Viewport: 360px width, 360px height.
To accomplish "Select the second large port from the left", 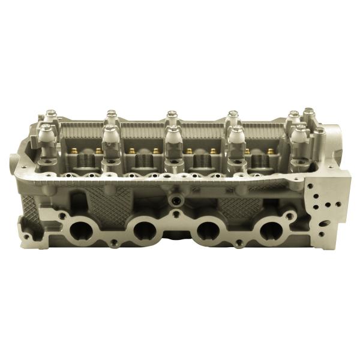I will click(x=144, y=230).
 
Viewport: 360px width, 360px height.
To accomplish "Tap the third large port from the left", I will click(x=208, y=230).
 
